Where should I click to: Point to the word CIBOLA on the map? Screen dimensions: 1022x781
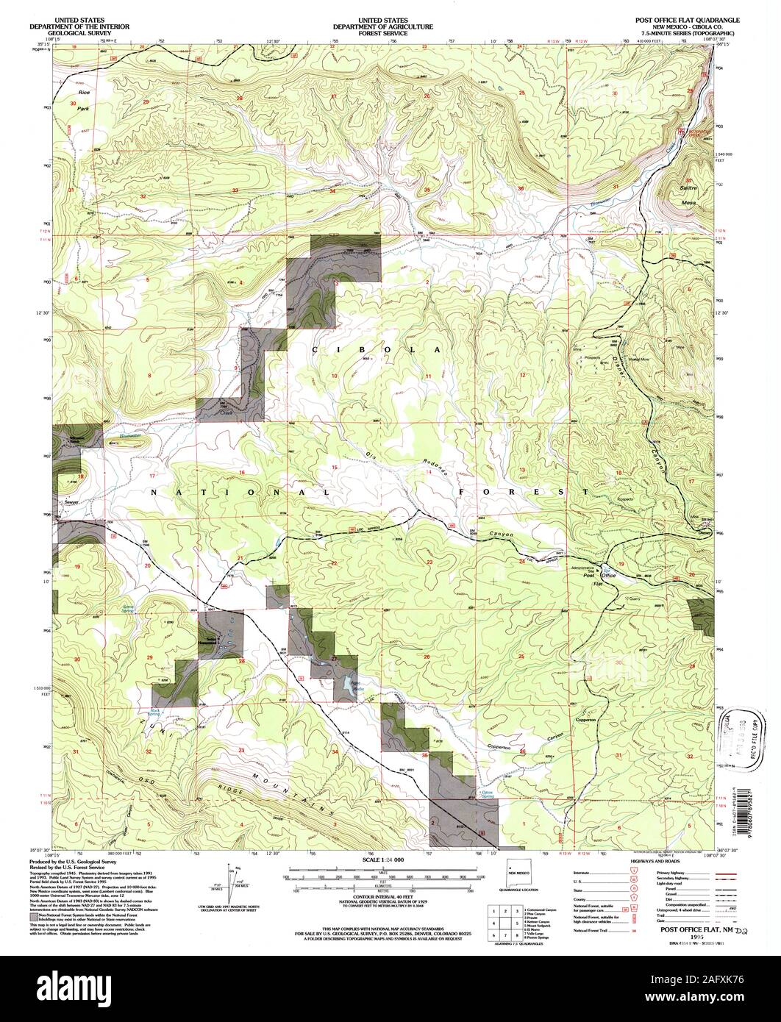pyautogui.click(x=377, y=350)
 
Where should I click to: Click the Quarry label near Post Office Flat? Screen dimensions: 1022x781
pyautogui.click(x=633, y=598)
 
